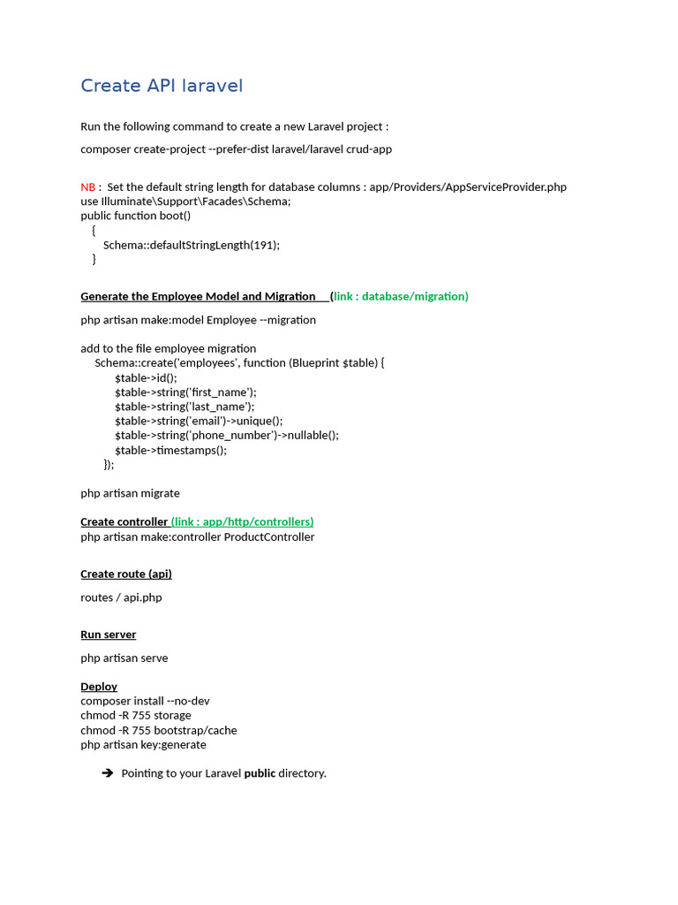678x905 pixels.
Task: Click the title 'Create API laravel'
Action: tap(162, 86)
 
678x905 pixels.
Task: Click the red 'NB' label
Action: tap(87, 186)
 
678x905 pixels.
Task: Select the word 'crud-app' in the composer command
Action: tap(369, 148)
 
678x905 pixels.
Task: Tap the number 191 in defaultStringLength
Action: tap(263, 245)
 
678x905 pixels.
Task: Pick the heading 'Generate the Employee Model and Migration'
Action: tap(198, 296)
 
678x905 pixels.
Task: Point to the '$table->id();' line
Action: tap(146, 377)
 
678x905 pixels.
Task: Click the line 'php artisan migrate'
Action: tap(130, 493)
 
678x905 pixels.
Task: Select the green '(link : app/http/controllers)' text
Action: tap(243, 521)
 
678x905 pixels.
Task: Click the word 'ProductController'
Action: tap(269, 536)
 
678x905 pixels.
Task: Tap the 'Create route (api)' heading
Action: tap(126, 574)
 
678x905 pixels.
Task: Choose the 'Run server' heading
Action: tap(108, 635)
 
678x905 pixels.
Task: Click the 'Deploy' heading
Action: tap(99, 686)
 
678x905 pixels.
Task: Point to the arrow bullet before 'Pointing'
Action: tap(108, 773)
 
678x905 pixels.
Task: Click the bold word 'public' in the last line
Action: tap(260, 773)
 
